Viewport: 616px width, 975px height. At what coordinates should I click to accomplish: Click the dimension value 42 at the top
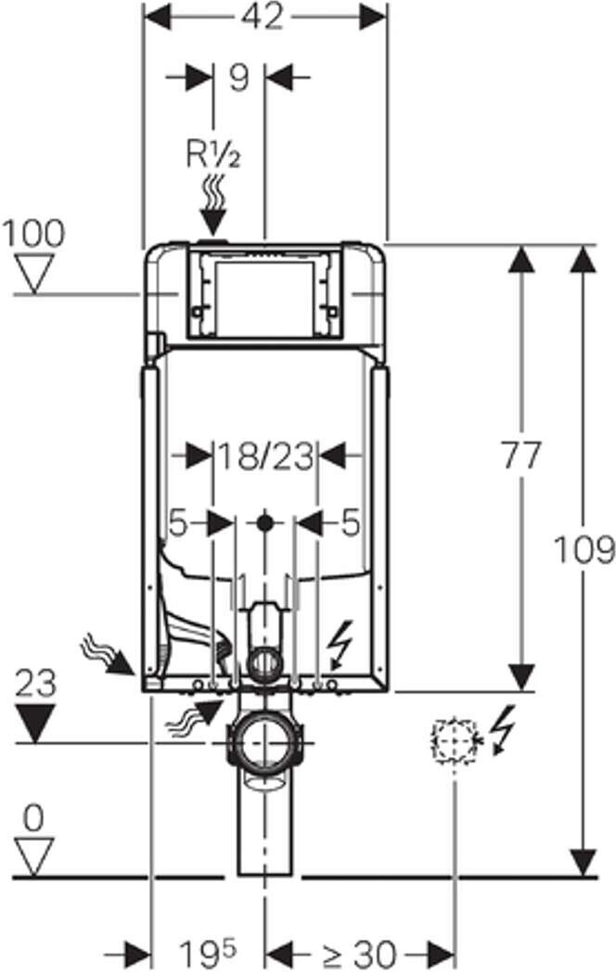pos(263,17)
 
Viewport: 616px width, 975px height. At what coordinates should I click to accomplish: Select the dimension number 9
pos(238,78)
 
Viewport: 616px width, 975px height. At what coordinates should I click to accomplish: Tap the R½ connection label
pos(213,155)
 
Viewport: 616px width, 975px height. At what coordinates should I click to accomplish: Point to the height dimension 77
pos(521,455)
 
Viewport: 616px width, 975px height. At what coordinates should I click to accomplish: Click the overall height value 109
pos(584,549)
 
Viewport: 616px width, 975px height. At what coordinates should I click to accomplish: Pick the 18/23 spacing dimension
pos(264,457)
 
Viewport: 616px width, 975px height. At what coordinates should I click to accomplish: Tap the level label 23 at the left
pos(35,683)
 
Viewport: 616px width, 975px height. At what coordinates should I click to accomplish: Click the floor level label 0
pos(33,818)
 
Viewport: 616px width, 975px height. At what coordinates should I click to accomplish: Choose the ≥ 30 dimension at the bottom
pos(359,954)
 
